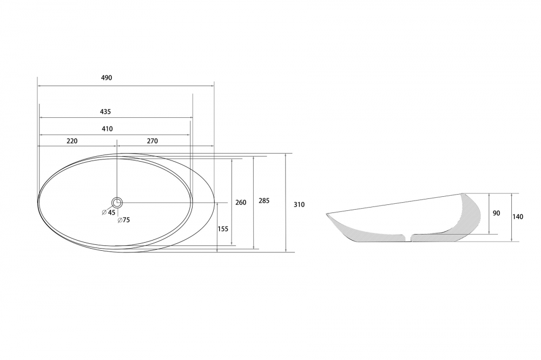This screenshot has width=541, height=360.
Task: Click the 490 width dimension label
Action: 107,78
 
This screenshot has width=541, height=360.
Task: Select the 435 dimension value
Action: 105,112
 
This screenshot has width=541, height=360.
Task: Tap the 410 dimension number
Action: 107,129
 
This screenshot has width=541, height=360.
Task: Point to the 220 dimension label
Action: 72,141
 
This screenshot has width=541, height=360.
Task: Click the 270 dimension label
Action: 152,141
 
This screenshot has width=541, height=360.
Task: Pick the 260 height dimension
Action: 241,202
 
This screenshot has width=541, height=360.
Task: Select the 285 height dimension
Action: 264,201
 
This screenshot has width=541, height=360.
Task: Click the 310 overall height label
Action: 299,204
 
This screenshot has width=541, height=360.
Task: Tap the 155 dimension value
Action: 223,229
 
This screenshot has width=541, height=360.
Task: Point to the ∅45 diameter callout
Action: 109,212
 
